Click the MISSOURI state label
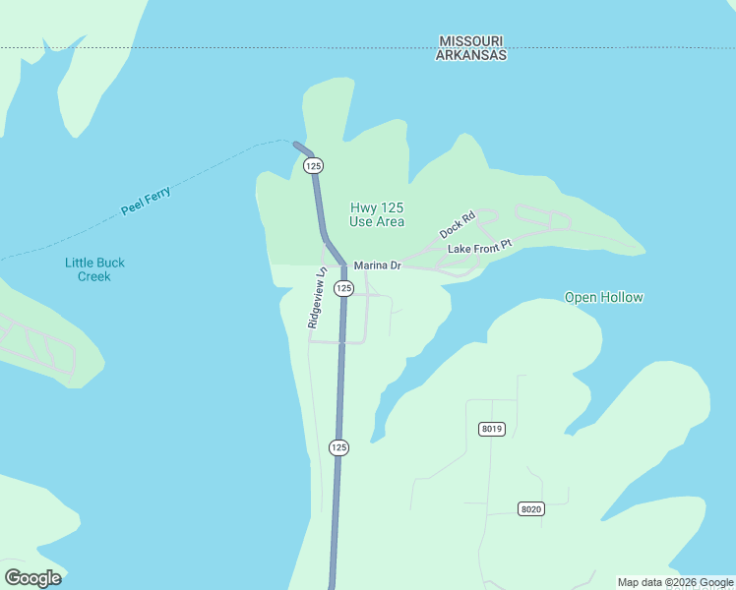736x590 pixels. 471,41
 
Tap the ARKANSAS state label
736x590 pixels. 471,56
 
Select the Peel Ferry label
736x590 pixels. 146,201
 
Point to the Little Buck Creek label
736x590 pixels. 94,269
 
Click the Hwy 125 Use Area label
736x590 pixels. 377,214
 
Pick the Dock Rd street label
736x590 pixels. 458,224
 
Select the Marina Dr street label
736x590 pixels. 378,265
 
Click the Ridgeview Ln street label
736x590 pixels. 316,298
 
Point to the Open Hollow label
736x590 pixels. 603,297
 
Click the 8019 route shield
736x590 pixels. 492,429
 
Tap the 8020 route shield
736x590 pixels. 530,508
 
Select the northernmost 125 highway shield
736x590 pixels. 313,165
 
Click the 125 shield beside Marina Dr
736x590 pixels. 342,287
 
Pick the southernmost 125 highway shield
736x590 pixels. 338,447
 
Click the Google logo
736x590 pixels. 32,578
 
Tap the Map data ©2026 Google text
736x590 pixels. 675,582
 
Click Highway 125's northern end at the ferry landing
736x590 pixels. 296,145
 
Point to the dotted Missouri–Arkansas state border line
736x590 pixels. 246,47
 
